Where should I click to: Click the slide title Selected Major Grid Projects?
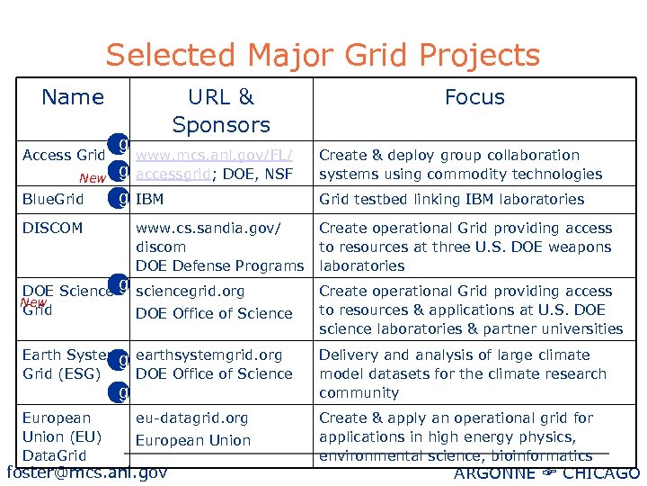[323, 56]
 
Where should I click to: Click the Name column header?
[73, 97]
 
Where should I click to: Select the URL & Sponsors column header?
[221, 111]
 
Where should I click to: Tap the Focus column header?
[474, 97]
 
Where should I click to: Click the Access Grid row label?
[64, 156]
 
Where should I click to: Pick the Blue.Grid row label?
[53, 200]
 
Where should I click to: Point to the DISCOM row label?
[52, 229]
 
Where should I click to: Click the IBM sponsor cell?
[150, 200]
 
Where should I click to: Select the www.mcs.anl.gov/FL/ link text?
[215, 156]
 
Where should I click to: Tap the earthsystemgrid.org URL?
[208, 355]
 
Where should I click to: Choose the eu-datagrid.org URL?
[191, 418]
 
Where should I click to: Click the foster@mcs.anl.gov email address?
[86, 472]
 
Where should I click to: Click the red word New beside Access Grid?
[92, 178]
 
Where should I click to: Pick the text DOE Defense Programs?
[219, 266]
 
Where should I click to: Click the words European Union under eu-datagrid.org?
[193, 441]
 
